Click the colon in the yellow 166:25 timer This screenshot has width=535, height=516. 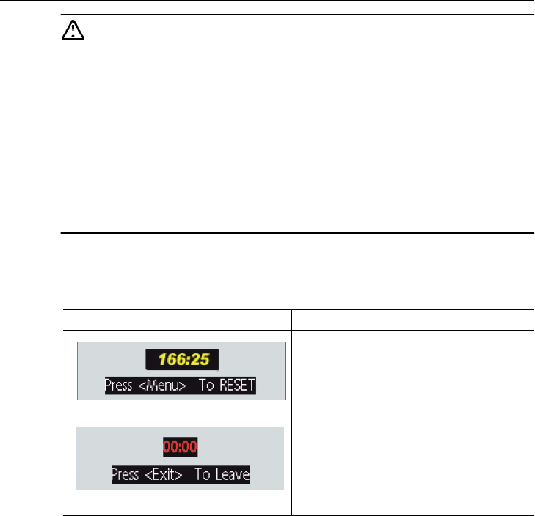188,359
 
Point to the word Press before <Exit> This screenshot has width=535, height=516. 125,474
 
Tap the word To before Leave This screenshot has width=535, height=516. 203,474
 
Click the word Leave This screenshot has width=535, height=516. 233,474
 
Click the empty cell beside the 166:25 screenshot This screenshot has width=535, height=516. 412,372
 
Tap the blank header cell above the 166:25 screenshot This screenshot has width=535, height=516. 177,319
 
